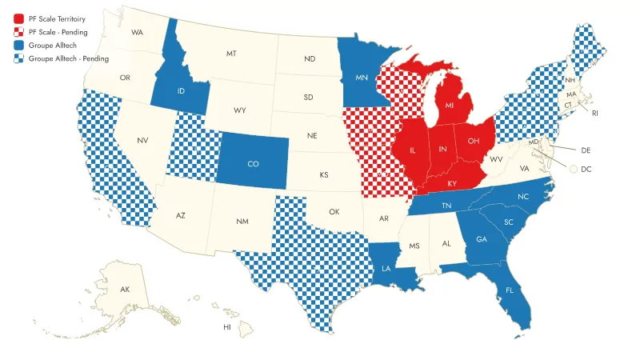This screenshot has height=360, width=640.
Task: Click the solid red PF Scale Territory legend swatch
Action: pyautogui.click(x=18, y=18)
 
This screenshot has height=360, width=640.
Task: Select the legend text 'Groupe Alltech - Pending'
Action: pyautogui.click(x=69, y=58)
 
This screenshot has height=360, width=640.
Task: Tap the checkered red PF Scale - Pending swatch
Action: pyautogui.click(x=18, y=32)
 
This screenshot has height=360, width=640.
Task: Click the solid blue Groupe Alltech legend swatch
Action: pyautogui.click(x=18, y=46)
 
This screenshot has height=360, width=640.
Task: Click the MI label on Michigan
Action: pyautogui.click(x=450, y=106)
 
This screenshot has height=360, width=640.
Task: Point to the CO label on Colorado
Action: pyautogui.click(x=253, y=164)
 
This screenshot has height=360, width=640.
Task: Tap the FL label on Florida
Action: pyautogui.click(x=509, y=290)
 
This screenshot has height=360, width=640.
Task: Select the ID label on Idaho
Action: pyautogui.click(x=182, y=91)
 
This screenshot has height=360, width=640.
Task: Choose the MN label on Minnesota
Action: pyautogui.click(x=360, y=78)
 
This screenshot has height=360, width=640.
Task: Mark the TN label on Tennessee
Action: pyautogui.click(x=446, y=206)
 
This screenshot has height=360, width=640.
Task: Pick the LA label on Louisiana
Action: pyautogui.click(x=386, y=268)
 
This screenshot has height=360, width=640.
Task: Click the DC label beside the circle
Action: pyautogui.click(x=586, y=169)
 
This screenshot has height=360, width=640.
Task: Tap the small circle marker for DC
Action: pyautogui.click(x=574, y=169)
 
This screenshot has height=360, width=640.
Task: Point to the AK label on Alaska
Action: pyautogui.click(x=125, y=289)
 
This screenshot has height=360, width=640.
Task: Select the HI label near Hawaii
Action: pyautogui.click(x=226, y=327)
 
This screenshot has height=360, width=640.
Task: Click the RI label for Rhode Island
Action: pyautogui.click(x=595, y=114)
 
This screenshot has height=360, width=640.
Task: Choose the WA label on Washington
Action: pyautogui.click(x=138, y=33)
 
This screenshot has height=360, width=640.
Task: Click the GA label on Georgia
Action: pyautogui.click(x=481, y=239)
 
